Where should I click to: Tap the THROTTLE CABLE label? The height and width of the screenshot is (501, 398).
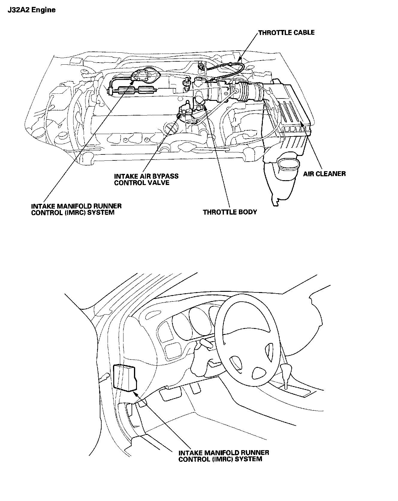point(286,33)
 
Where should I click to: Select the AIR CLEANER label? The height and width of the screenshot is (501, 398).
point(324,174)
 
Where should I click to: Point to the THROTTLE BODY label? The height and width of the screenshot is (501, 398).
point(230,212)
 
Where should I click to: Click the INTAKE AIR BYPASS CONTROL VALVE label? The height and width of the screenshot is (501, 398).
point(146,179)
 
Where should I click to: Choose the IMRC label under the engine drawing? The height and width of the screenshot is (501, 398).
point(76,209)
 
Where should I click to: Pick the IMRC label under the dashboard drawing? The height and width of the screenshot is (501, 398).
point(224,456)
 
